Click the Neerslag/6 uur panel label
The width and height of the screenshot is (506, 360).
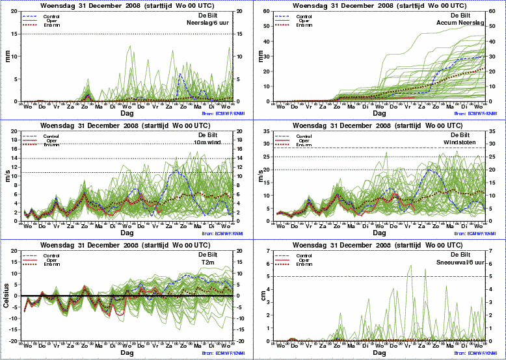210,22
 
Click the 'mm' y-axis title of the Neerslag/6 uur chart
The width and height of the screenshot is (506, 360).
8,56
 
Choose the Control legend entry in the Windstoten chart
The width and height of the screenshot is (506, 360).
301,136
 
